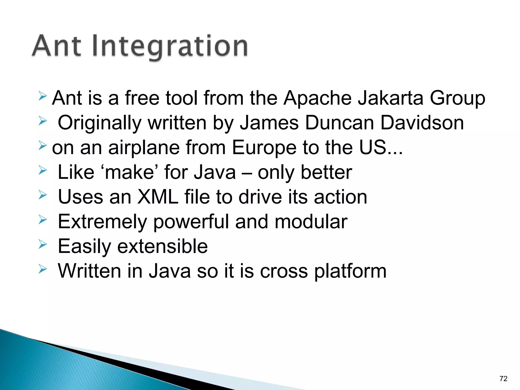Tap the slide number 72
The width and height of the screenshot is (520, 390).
(x=503, y=379)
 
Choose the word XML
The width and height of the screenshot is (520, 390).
(x=158, y=197)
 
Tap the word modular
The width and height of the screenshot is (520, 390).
(x=311, y=222)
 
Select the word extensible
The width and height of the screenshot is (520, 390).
(x=162, y=247)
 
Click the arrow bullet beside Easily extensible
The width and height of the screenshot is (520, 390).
(x=43, y=245)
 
